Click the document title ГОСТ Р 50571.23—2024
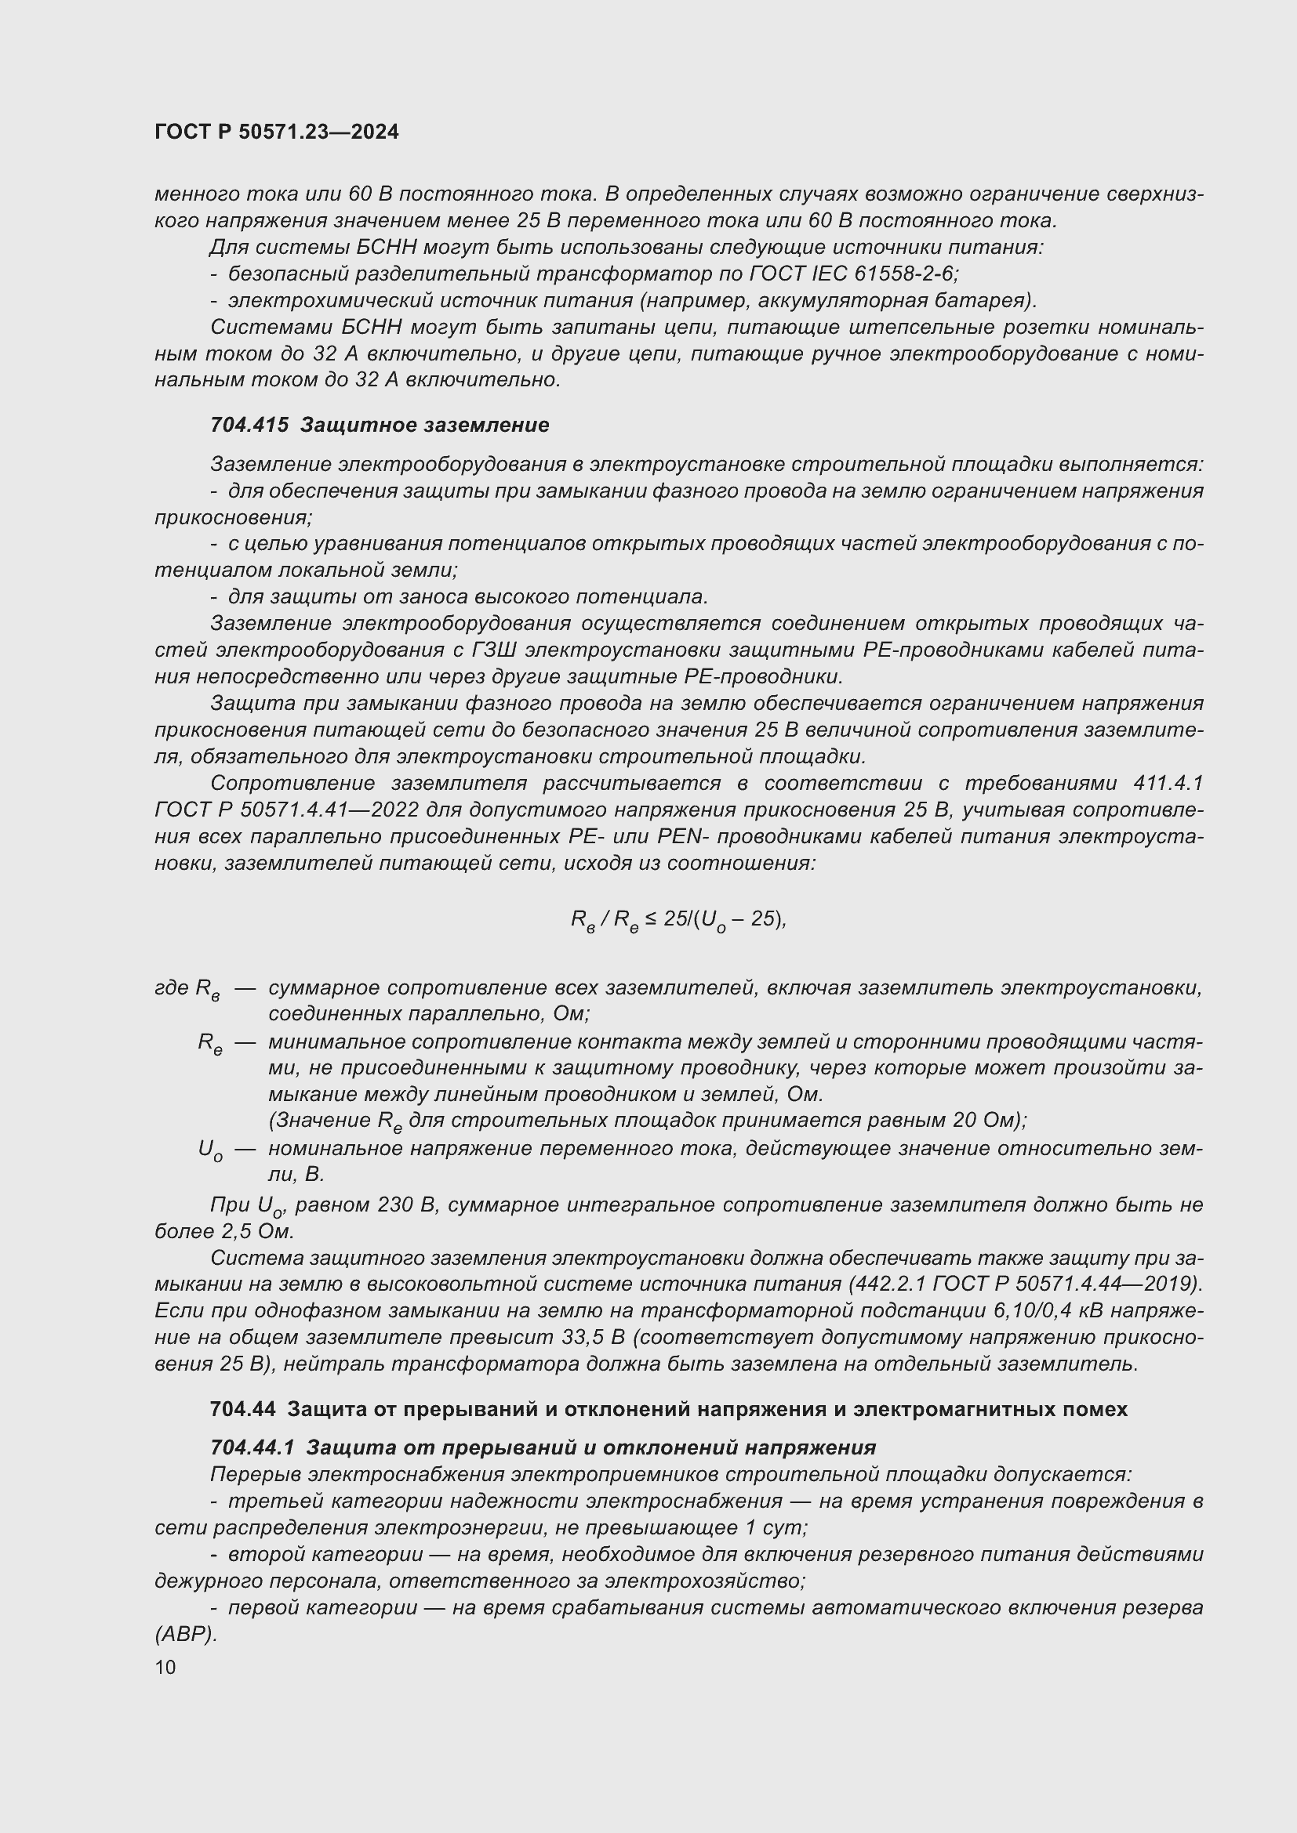(x=276, y=132)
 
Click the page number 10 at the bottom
(x=165, y=1667)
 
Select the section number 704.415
(x=249, y=425)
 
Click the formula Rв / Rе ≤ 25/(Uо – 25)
(x=678, y=921)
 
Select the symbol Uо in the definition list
(x=210, y=1150)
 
